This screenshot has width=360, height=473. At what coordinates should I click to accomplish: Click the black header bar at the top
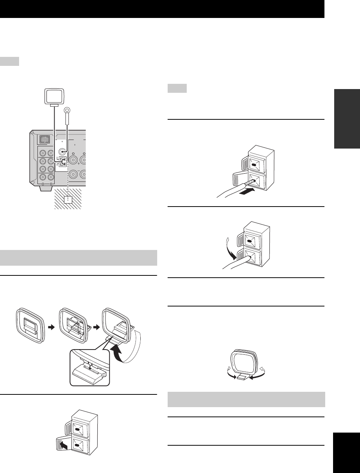tap(162, 9)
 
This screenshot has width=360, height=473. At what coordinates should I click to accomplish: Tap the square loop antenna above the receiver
tap(55, 96)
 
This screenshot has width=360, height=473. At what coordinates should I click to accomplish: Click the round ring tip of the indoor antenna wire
tap(67, 110)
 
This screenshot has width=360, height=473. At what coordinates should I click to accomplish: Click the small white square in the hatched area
tap(68, 199)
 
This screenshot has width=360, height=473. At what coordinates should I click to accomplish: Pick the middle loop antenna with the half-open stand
tap(74, 326)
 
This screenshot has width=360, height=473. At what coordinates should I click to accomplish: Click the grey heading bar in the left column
tap(79, 257)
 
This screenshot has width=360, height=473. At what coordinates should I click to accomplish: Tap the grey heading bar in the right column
tap(246, 399)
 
